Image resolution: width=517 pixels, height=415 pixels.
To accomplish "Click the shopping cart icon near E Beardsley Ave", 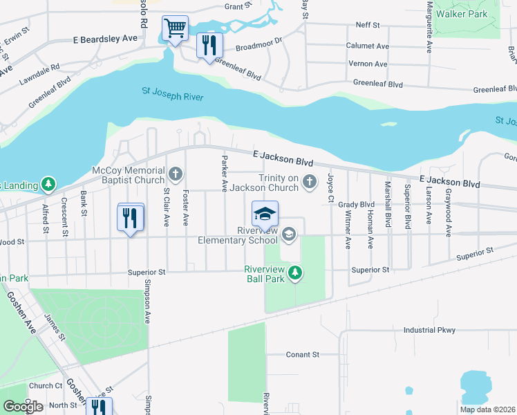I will (176, 29).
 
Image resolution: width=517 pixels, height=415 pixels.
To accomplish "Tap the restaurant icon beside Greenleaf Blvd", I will (209, 46).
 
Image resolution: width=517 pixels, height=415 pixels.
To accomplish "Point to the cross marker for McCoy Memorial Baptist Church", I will (176, 173).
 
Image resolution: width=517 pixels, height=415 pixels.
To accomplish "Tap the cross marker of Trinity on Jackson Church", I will (309, 183).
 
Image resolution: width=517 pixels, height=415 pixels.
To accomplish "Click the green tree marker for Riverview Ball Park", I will (295, 273).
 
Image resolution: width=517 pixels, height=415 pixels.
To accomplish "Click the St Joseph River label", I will (173, 93).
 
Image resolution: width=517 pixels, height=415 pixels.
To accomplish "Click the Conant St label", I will (303, 354).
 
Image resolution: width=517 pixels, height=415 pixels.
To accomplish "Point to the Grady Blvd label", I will (356, 205).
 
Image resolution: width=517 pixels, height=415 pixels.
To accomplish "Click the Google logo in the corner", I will (23, 407).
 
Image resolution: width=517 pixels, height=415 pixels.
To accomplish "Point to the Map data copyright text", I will (487, 409).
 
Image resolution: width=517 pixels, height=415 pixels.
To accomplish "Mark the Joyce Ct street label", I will (330, 182).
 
